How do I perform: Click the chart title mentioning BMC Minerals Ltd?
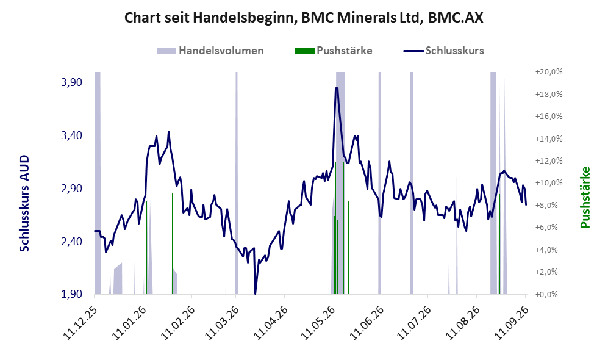coord(304,18)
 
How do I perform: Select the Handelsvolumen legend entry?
coord(210,51)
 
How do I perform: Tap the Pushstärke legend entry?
coord(334,51)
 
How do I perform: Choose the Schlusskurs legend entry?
coord(443,51)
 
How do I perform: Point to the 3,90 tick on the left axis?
coord(72,82)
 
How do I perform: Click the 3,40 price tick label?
coord(72,135)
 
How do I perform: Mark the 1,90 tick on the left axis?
coord(72,294)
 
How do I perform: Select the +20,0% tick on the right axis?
coord(549,72)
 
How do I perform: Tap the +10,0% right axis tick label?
coord(549,182)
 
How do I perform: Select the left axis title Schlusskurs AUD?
coord(24,203)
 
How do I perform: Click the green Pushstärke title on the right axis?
coord(585,197)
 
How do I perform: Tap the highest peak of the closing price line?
coord(337,88)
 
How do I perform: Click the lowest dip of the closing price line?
coord(255,293)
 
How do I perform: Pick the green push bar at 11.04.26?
coord(284,237)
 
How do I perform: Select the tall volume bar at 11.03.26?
coord(237,183)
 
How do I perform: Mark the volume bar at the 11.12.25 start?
coord(98,183)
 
